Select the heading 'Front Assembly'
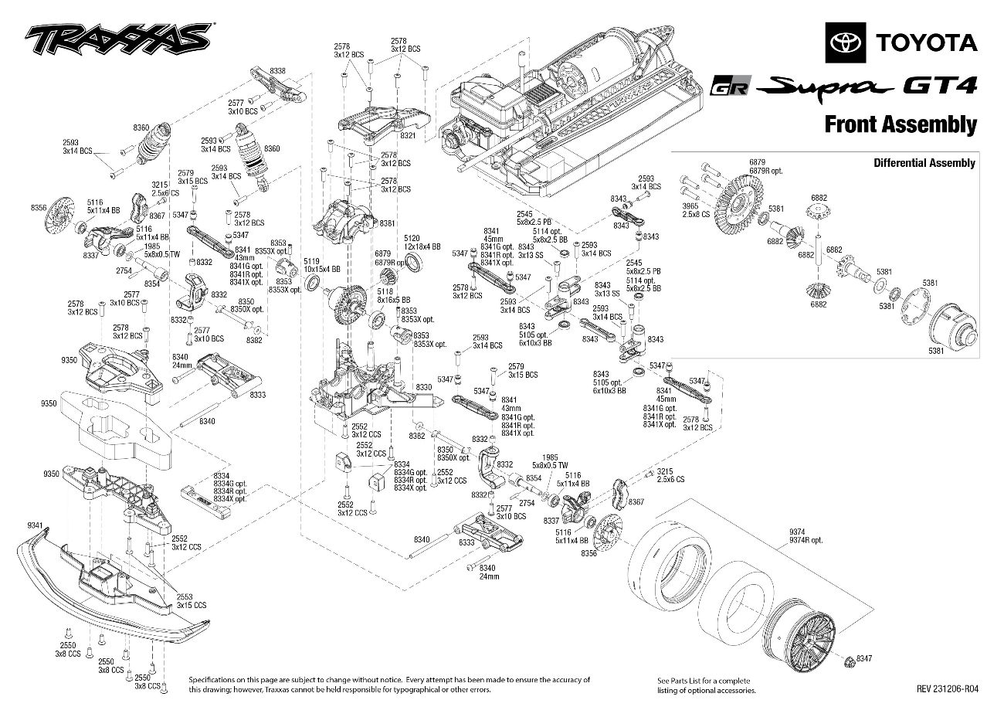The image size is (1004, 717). [900, 124]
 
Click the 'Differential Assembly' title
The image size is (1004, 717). [924, 163]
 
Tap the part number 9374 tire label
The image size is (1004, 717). [797, 532]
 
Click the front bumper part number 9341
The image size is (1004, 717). [35, 525]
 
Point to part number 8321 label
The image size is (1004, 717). [409, 136]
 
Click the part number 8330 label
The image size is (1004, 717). [424, 386]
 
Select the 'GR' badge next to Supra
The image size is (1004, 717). [731, 87]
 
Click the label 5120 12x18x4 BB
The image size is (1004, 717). [422, 243]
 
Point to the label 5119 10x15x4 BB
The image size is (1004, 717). [312, 265]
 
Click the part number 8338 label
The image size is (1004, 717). [277, 71]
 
